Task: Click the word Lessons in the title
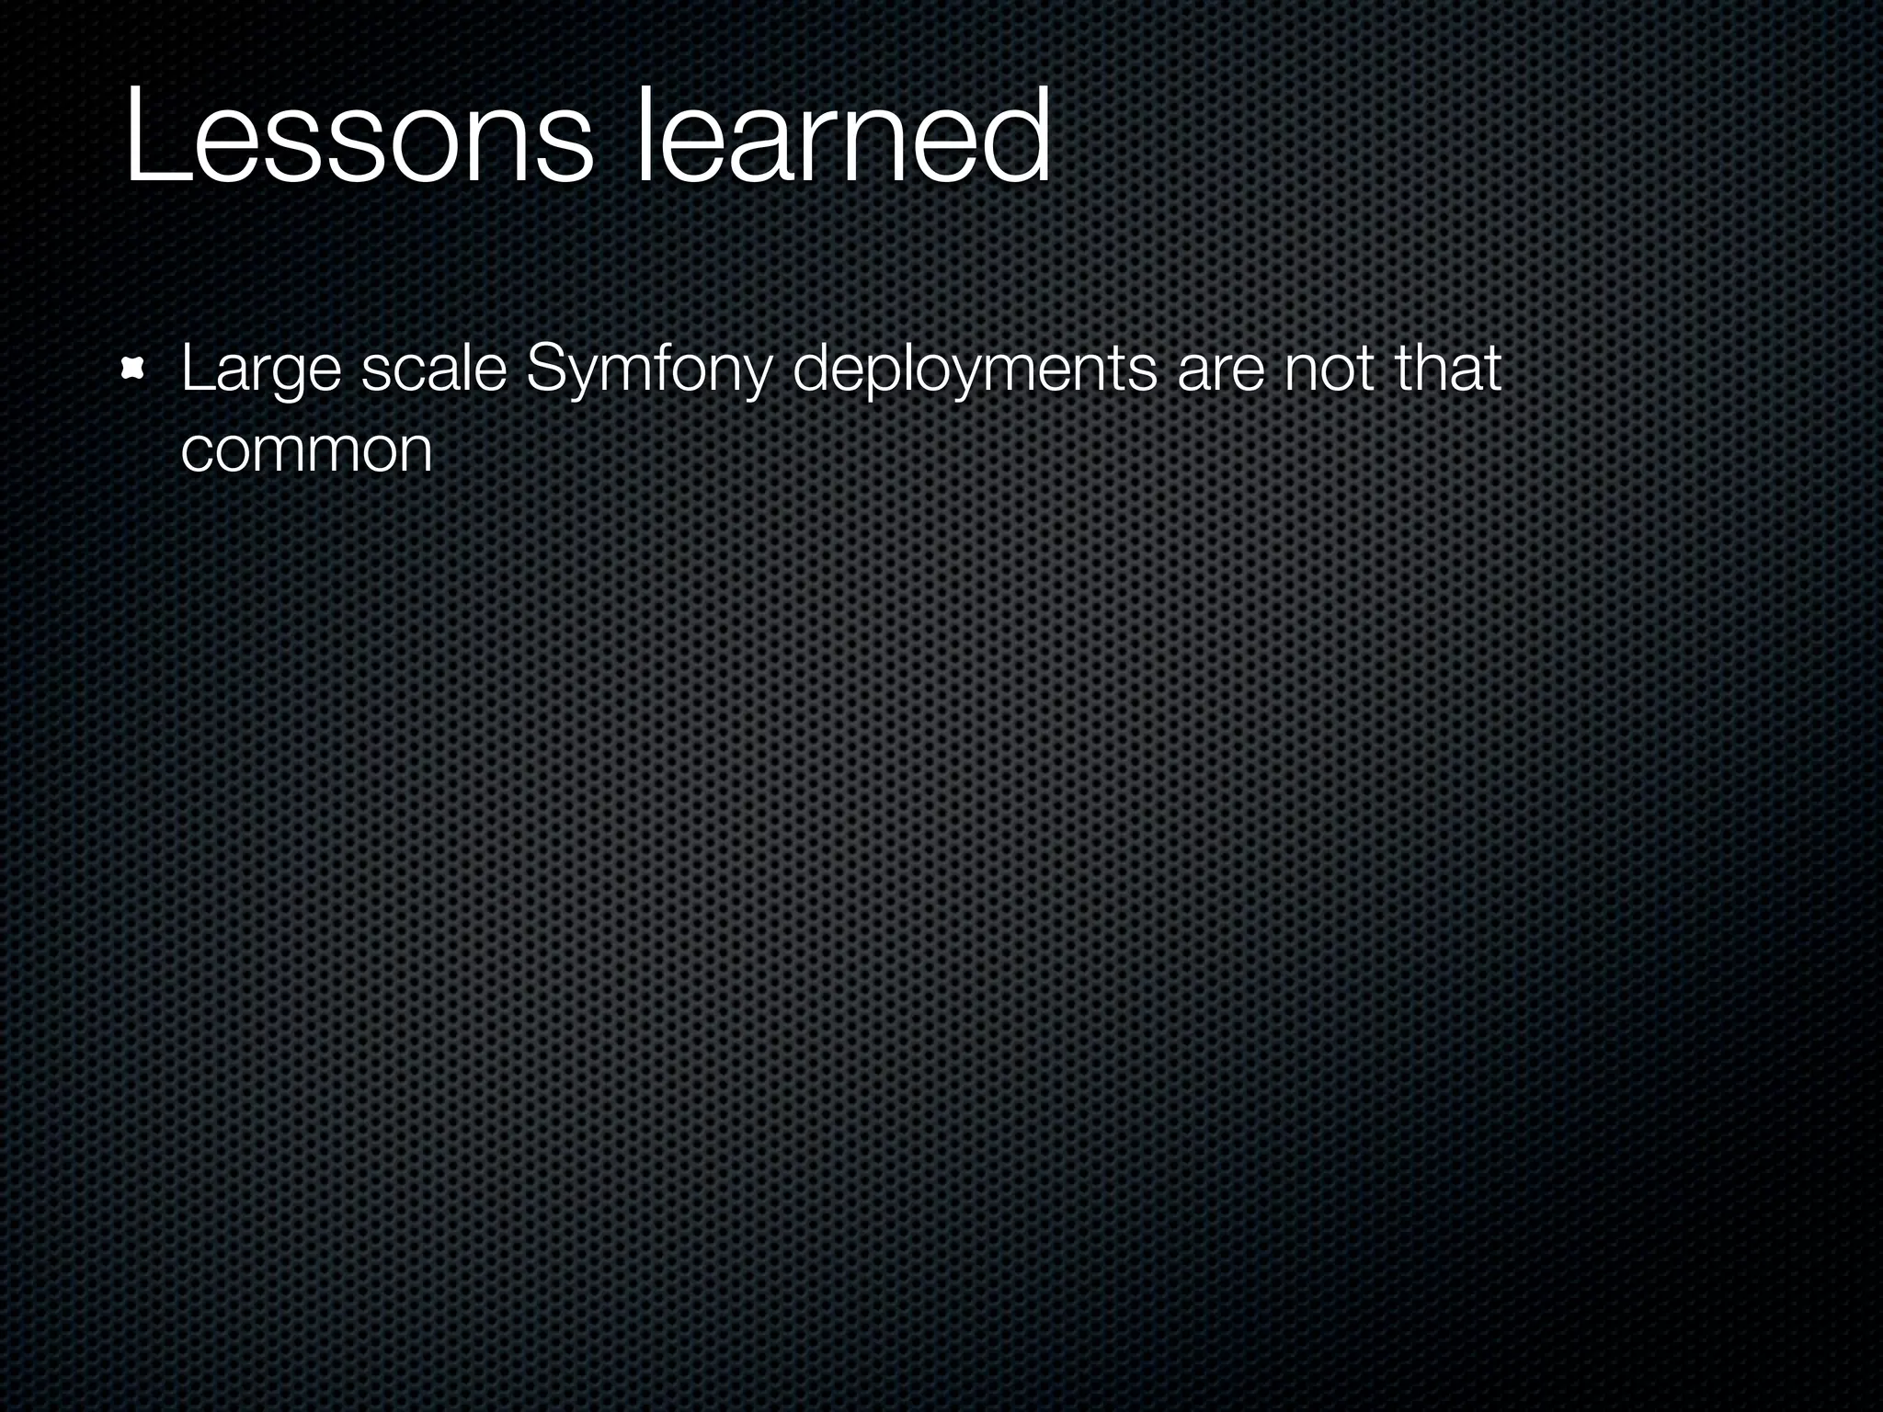359,138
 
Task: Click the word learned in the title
842,138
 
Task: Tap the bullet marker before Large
134,370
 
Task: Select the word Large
261,370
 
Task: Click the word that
1447,369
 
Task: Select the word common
306,451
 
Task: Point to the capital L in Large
195,369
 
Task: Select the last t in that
1491,369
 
